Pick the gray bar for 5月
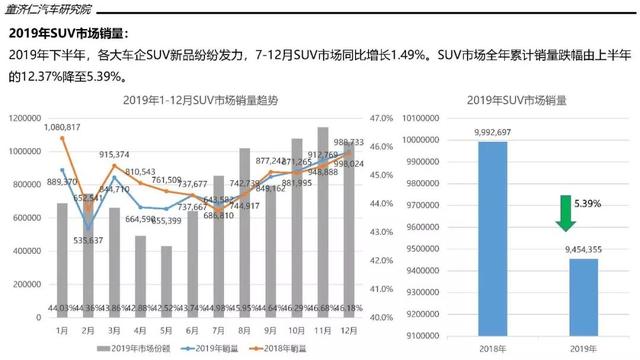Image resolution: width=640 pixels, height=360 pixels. [x=166, y=281]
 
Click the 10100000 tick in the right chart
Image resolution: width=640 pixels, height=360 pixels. [x=426, y=118]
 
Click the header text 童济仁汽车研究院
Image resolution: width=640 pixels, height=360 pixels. [x=50, y=9]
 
